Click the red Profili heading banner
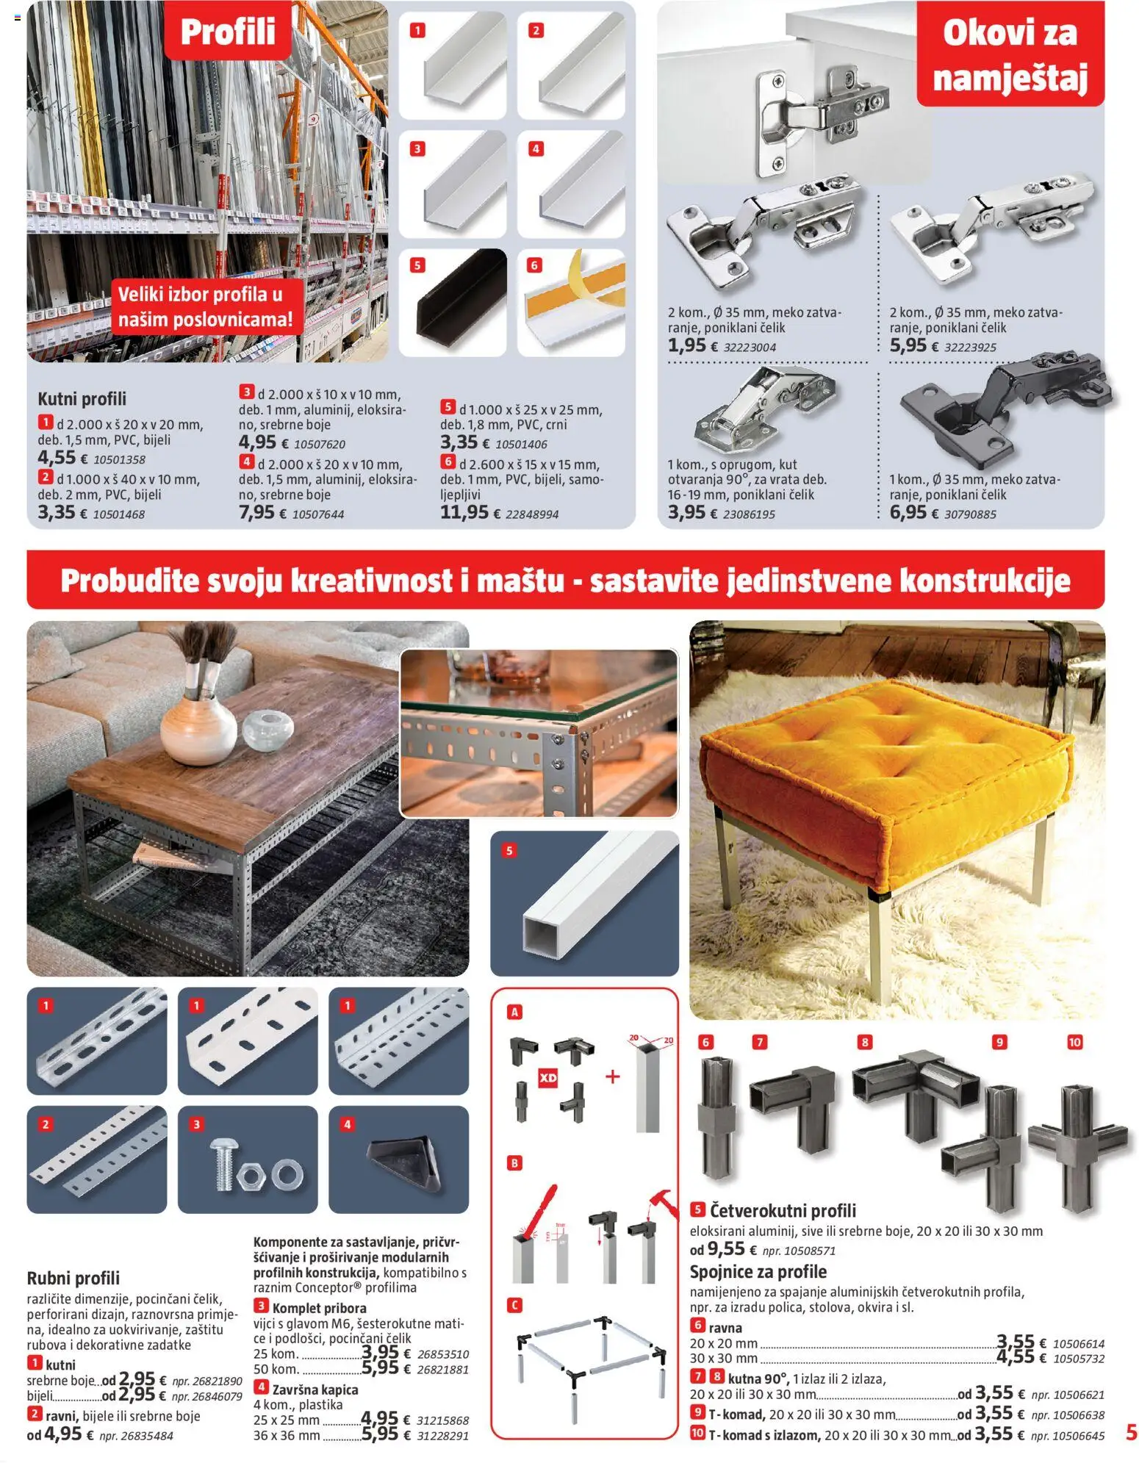tap(228, 31)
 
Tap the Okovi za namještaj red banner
tap(1010, 55)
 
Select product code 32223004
tap(750, 348)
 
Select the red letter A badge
tap(514, 1012)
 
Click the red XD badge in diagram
tap(548, 1078)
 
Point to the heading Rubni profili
tap(73, 1278)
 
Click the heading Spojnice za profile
tap(758, 1272)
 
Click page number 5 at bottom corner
tap(1131, 1432)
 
